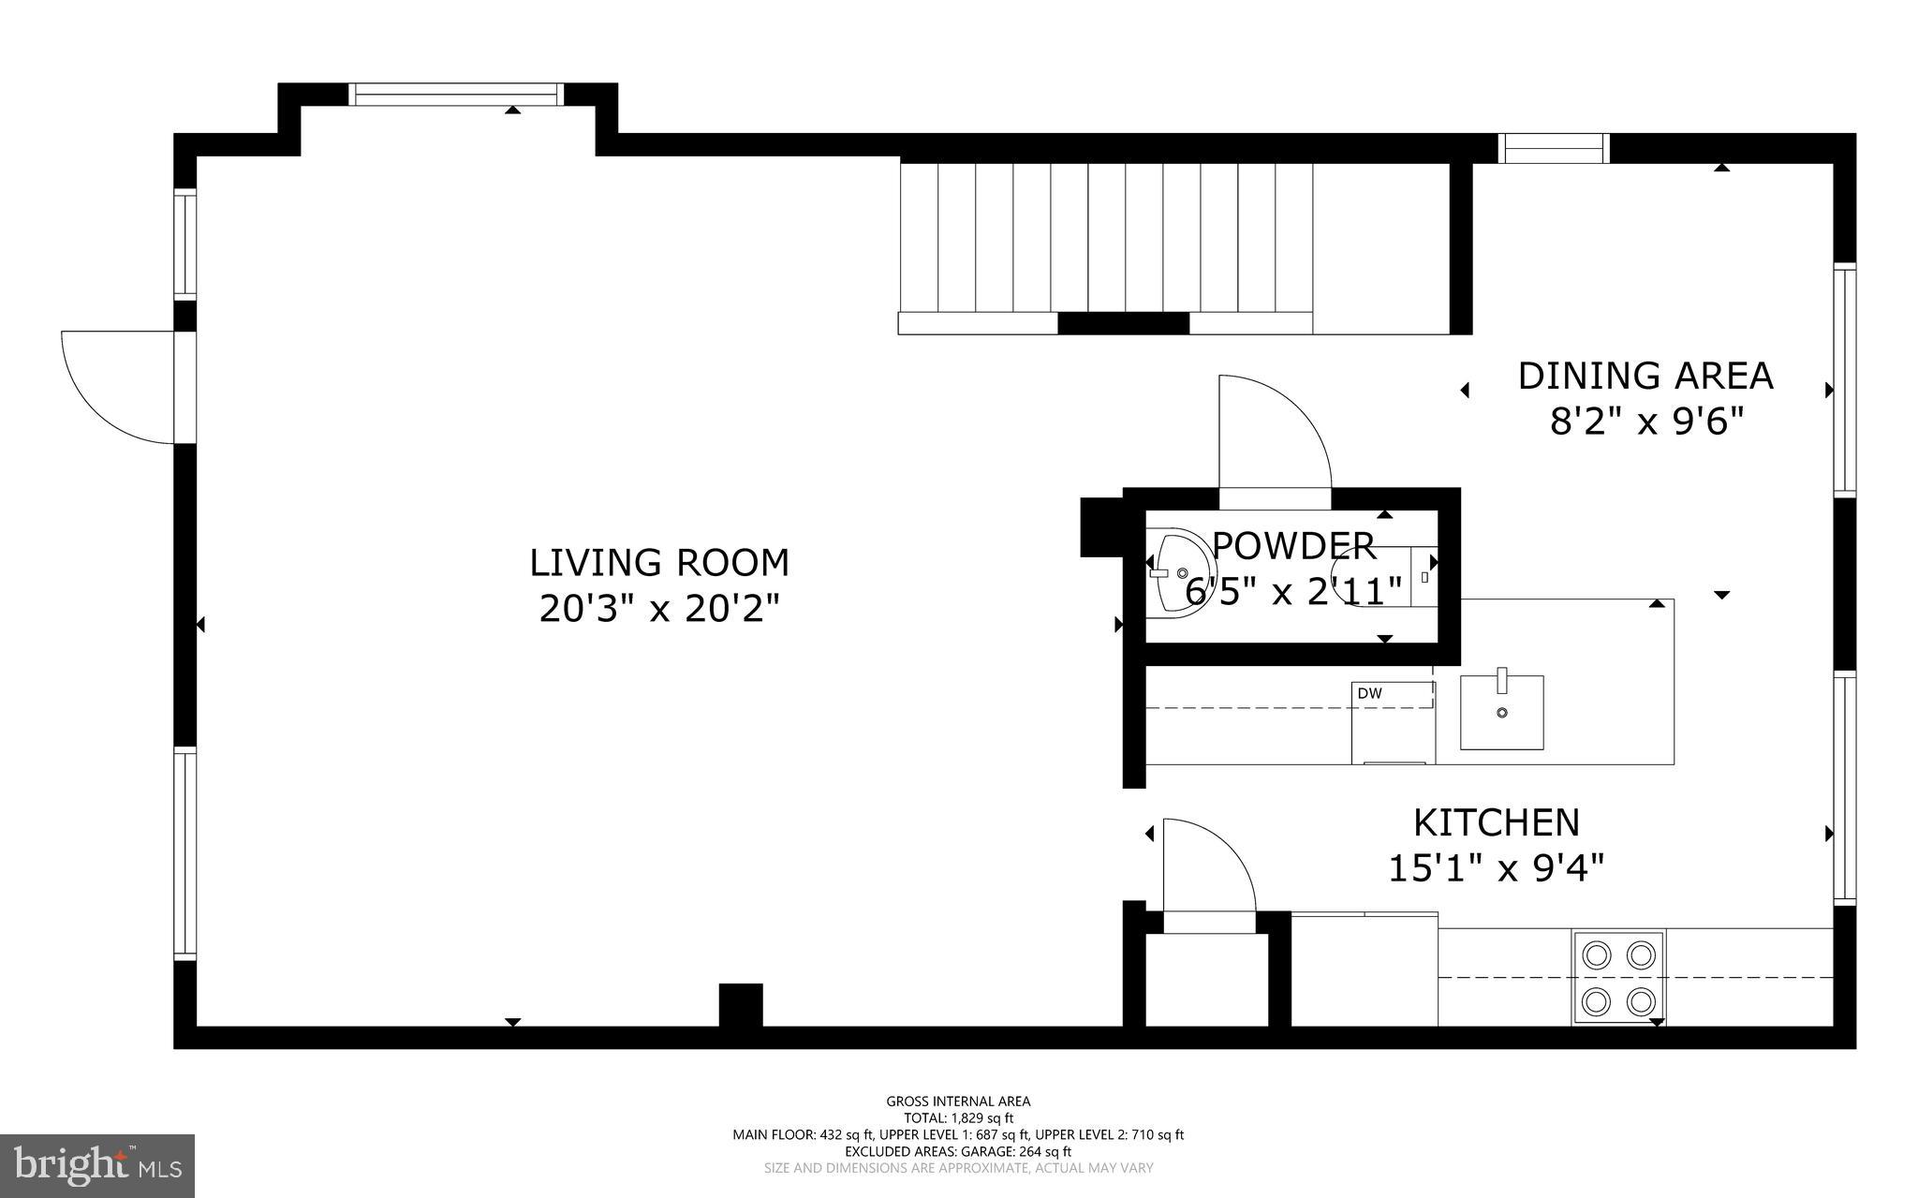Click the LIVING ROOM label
pyautogui.click(x=659, y=563)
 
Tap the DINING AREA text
pyautogui.click(x=1645, y=376)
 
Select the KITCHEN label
pyautogui.click(x=1496, y=822)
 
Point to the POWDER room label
pyautogui.click(x=1293, y=545)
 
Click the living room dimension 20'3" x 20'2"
pyautogui.click(x=659, y=610)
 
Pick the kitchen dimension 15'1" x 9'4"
pyautogui.click(x=1496, y=868)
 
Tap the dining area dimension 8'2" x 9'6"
pyautogui.click(x=1647, y=422)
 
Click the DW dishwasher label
pyautogui.click(x=1369, y=693)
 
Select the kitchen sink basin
pyautogui.click(x=1502, y=713)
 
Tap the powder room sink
pyautogui.click(x=1176, y=572)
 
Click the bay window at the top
pyautogui.click(x=456, y=94)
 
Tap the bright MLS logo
pyautogui.click(x=97, y=1165)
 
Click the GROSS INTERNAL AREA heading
pyautogui.click(x=958, y=1102)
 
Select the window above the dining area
pyautogui.click(x=1554, y=148)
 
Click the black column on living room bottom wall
pyautogui.click(x=741, y=1005)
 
